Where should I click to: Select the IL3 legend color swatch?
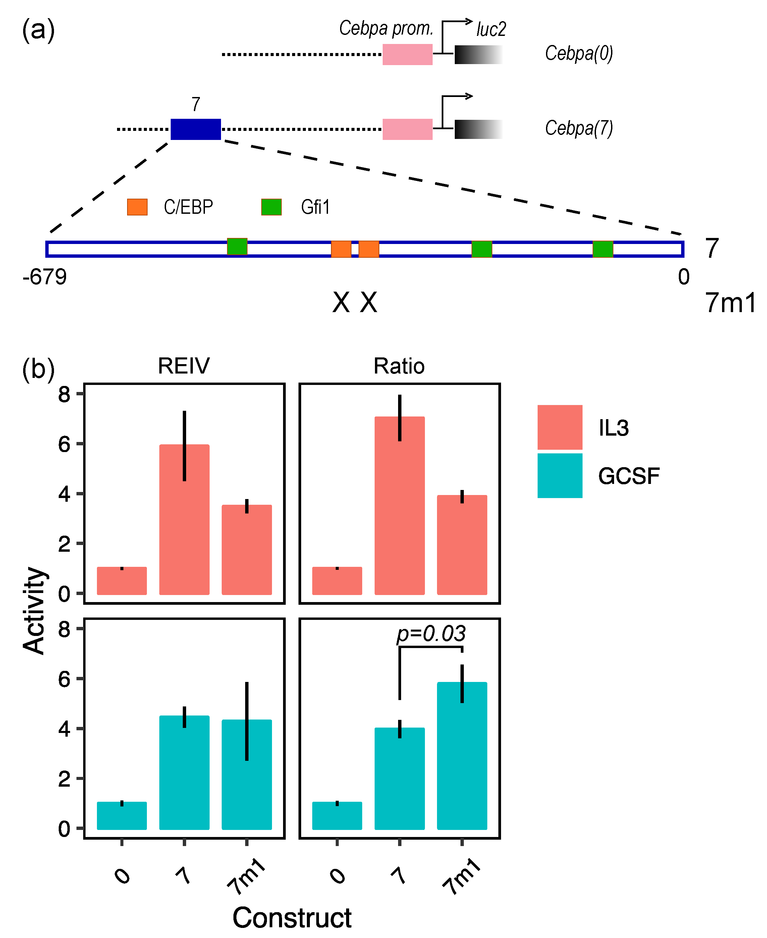pyautogui.click(x=559, y=427)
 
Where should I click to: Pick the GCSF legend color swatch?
pyautogui.click(x=559, y=475)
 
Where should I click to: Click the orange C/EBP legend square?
pyautogui.click(x=137, y=207)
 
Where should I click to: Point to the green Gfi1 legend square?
pyautogui.click(x=271, y=207)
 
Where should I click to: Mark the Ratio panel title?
pyautogui.click(x=399, y=366)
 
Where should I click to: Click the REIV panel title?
pyautogui.click(x=184, y=366)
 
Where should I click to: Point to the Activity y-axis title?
pyautogui.click(x=35, y=610)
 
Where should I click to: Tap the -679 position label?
pyautogui.click(x=45, y=277)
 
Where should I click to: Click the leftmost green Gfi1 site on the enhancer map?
pyautogui.click(x=237, y=247)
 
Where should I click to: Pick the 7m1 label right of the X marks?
pyautogui.click(x=730, y=303)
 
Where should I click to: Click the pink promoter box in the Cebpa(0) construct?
pyautogui.click(x=407, y=54)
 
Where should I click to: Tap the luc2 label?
pyautogui.click(x=491, y=30)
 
